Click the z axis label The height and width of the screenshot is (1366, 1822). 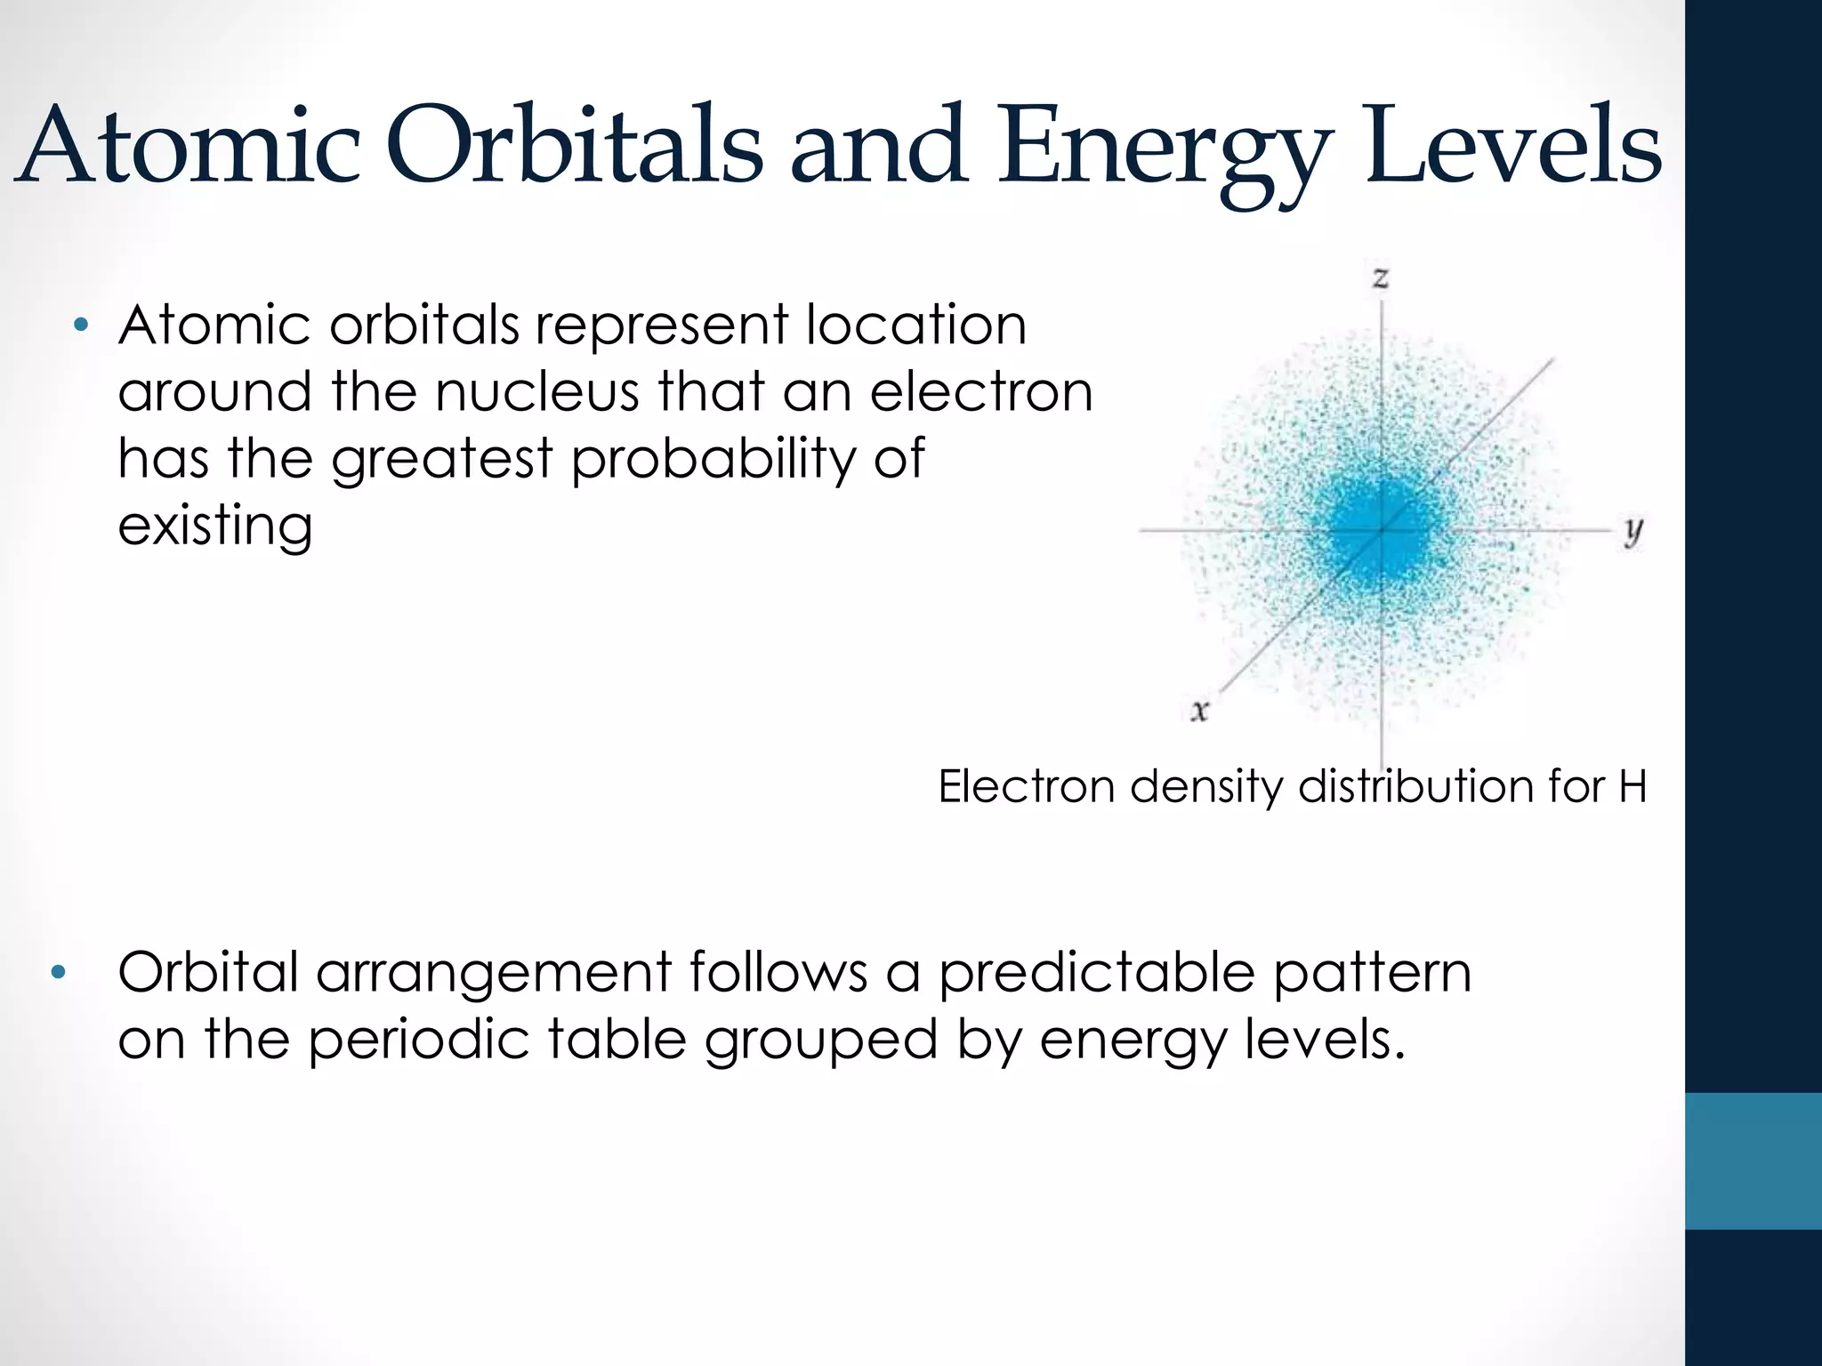[1380, 278]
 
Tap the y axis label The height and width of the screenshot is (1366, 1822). [1633, 531]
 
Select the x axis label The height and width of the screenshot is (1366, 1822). [1199, 711]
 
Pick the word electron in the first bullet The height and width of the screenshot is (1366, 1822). [980, 392]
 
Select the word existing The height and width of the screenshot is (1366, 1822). [215, 526]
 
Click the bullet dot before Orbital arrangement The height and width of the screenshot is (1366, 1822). [59, 972]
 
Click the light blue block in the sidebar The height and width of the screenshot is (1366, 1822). [1753, 1161]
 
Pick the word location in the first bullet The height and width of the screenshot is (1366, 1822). [915, 325]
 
